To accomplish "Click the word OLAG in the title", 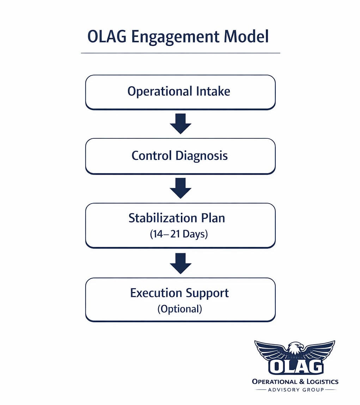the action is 107,36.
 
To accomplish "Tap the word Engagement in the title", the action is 175,38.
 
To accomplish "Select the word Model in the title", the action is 246,36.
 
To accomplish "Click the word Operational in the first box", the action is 160,92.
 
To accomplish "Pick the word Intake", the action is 213,91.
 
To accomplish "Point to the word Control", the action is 152,156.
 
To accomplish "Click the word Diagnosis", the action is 202,156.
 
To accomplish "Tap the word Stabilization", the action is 163,218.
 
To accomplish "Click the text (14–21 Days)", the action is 179,234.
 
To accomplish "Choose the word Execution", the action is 156,293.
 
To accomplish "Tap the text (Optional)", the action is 180,309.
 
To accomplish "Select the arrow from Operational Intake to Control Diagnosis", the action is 181,124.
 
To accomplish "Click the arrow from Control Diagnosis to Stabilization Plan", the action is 181,188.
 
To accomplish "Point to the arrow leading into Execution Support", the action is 181,263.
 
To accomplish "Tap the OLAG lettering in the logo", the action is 296,366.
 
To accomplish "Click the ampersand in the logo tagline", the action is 302,382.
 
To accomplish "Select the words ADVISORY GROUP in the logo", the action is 296,390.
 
